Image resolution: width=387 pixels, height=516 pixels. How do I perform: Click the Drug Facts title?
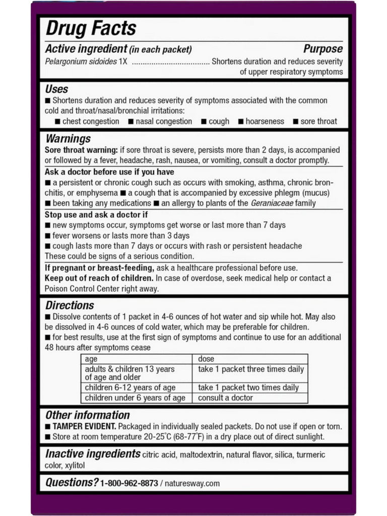point(91,29)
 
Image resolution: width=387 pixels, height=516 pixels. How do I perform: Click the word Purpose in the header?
point(322,49)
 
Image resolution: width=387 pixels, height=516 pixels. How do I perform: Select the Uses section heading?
point(56,89)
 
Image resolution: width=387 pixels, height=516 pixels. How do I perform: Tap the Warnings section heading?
point(68,139)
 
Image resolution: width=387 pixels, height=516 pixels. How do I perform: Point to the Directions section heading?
point(70,305)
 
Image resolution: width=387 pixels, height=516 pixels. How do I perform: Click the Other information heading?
point(87,415)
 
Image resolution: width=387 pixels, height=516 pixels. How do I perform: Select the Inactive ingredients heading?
point(93,454)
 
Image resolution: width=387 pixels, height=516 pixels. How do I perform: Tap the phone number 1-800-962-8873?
point(128,483)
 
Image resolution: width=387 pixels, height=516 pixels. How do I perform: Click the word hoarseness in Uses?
point(265,121)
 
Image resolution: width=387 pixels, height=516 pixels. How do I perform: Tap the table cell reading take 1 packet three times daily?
point(251,369)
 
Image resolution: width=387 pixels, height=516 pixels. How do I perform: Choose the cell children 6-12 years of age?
point(130,388)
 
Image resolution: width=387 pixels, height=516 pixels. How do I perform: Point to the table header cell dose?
point(206,359)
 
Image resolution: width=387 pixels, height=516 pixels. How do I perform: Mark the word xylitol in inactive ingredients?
point(75,465)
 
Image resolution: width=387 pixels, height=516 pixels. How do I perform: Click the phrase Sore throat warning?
point(81,150)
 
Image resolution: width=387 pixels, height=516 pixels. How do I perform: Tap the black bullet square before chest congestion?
point(58,121)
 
